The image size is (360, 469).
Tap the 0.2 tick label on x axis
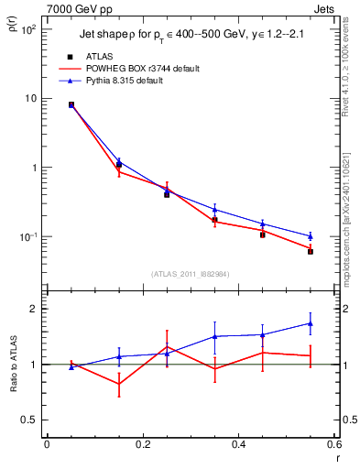pyautogui.click(x=142, y=446)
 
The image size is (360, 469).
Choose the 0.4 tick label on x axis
pyautogui.click(x=238, y=446)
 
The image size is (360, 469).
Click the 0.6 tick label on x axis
pyautogui.click(x=333, y=446)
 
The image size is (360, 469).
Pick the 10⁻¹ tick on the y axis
pyautogui.click(x=28, y=237)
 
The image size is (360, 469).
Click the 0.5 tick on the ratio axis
pyautogui.click(x=30, y=420)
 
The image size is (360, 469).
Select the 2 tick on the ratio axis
pyautogui.click(x=35, y=309)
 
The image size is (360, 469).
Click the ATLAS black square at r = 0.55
pyautogui.click(x=311, y=251)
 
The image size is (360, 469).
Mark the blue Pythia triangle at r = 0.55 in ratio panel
pyautogui.click(x=311, y=323)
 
